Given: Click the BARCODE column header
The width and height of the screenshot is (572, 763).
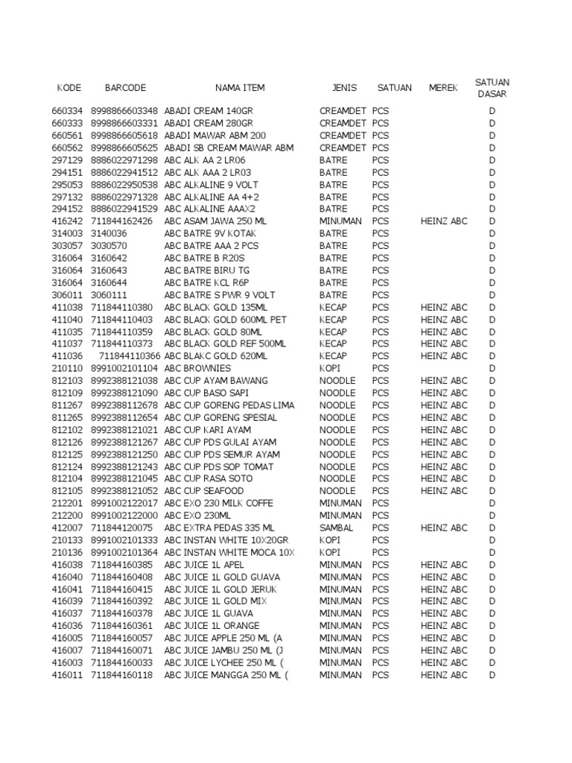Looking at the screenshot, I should click(125, 88).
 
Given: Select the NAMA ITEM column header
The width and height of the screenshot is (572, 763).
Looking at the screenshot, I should click(240, 88).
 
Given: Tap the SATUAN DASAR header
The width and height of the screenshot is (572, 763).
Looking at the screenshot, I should click(492, 88).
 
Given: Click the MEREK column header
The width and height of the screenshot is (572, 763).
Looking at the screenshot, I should click(443, 88).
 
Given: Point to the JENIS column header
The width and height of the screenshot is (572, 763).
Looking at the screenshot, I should click(344, 88).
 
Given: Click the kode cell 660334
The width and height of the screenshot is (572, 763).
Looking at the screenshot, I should click(67, 111).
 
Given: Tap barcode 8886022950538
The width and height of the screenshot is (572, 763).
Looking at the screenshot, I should click(124, 185).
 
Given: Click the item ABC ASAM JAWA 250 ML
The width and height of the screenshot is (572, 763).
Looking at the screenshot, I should click(215, 221).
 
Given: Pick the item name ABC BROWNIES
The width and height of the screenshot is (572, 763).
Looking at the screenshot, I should click(197, 368).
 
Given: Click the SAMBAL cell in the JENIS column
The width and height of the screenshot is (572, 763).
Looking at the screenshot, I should click(336, 528).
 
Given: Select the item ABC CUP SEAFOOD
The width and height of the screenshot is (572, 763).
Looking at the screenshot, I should click(203, 491).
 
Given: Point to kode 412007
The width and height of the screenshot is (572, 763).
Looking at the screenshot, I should click(67, 528).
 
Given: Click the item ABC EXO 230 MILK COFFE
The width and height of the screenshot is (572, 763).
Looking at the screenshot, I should click(219, 503).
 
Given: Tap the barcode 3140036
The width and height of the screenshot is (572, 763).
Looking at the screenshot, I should click(109, 233).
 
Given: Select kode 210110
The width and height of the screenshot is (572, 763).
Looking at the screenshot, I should click(67, 368).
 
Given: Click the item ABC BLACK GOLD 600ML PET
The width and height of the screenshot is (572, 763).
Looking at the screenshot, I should click(225, 320).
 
